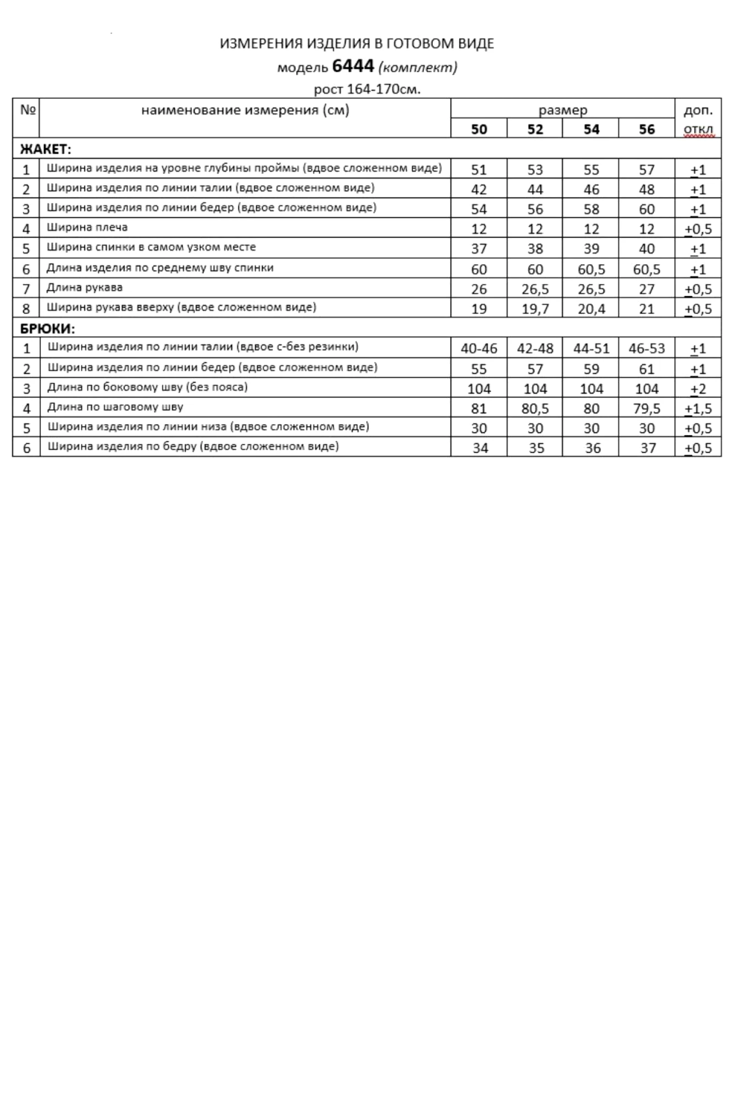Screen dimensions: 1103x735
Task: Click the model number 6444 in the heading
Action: tap(353, 66)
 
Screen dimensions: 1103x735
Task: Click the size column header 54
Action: tap(591, 129)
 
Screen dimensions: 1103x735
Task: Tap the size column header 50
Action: tap(479, 129)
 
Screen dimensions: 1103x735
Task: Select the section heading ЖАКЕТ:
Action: tap(46, 149)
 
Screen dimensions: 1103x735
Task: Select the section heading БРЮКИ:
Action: tap(47, 329)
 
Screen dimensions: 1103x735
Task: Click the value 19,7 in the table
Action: tap(535, 309)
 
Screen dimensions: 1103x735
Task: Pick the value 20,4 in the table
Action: tap(591, 309)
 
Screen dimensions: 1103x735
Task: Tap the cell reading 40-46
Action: tap(479, 349)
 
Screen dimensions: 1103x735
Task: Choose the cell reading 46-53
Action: tap(647, 349)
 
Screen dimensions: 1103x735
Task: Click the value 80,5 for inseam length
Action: tap(535, 409)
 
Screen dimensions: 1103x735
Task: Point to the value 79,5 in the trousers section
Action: tap(647, 409)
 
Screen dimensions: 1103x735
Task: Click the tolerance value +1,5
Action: tap(698, 409)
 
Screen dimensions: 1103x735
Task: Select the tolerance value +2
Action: tap(698, 389)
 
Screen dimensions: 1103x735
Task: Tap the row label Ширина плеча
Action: tap(87, 227)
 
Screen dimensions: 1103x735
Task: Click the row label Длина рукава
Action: tap(84, 287)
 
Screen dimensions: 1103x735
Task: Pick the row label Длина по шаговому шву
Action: tap(115, 407)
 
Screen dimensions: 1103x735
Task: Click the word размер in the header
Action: tap(563, 110)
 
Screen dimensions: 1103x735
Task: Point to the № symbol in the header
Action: tap(28, 109)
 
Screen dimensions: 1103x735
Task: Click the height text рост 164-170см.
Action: tap(367, 89)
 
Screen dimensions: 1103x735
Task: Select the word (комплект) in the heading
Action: tap(418, 67)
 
